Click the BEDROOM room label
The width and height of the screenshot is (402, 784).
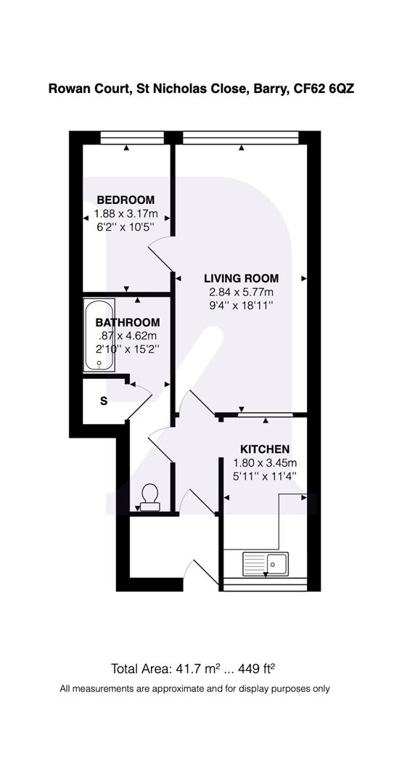click(x=126, y=200)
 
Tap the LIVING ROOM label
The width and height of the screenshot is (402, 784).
click(x=241, y=278)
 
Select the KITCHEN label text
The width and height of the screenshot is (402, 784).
click(x=265, y=449)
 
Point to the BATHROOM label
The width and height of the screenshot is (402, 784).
click(x=127, y=322)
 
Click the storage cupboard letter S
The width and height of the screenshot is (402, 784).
click(x=104, y=401)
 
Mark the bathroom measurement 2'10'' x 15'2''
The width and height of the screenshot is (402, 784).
click(x=127, y=349)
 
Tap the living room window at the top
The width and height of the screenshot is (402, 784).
click(x=241, y=136)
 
